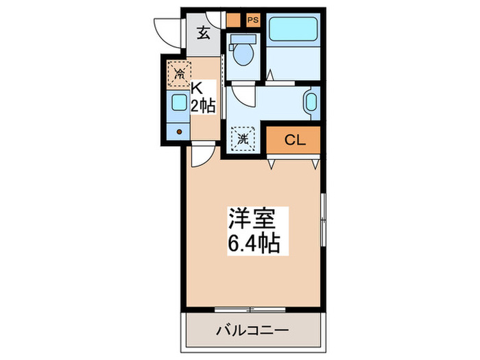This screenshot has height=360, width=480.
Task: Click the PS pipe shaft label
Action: (252, 19)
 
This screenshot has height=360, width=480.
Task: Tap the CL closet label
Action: (295, 141)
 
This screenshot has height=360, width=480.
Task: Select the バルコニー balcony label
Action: (252, 330)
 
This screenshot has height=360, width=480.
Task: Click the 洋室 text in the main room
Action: (251, 219)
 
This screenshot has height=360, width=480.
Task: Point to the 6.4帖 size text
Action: (252, 243)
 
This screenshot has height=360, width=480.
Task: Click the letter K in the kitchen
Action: (197, 88)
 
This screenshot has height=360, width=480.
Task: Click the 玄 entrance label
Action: (204, 33)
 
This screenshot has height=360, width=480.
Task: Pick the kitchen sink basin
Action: (178, 103)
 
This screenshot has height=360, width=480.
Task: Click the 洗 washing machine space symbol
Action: (243, 139)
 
